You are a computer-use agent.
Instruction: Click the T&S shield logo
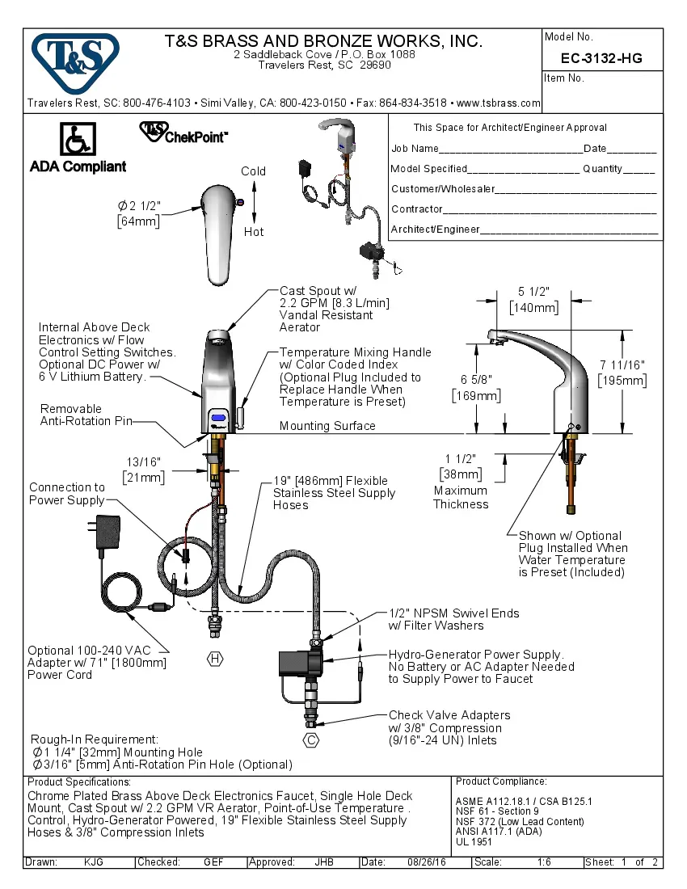[x=75, y=60]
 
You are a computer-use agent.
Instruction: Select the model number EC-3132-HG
[x=601, y=58]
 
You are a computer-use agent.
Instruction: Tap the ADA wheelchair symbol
[x=78, y=140]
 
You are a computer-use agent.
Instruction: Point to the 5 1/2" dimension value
[x=533, y=293]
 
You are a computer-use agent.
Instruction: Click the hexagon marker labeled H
[x=215, y=659]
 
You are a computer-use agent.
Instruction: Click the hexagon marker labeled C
[x=311, y=739]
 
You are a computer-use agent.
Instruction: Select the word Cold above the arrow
[x=253, y=171]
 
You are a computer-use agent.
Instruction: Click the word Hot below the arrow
[x=254, y=232]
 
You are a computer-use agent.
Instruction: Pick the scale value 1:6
[x=544, y=862]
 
